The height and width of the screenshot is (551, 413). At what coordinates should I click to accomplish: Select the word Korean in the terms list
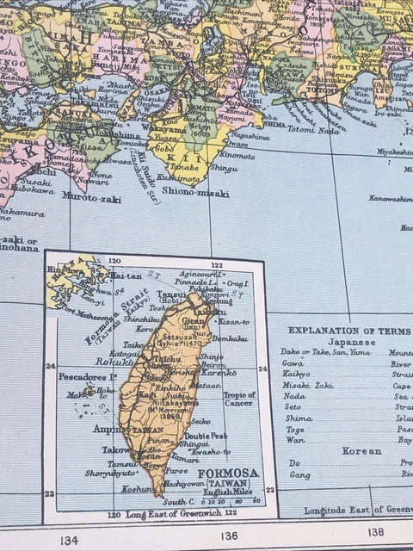click(x=361, y=451)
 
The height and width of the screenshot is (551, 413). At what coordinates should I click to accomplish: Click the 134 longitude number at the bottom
click(x=70, y=540)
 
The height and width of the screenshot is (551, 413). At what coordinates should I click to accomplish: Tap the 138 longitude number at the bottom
click(x=377, y=531)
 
